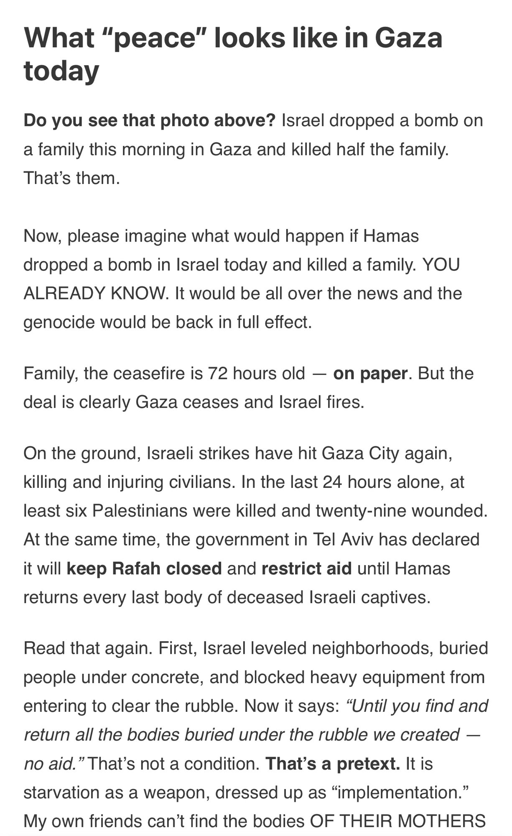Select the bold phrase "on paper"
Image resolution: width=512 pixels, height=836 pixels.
[370, 373]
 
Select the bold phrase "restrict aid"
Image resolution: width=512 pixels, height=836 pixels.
[306, 568]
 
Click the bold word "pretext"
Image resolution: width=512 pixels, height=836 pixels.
[368, 764]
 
